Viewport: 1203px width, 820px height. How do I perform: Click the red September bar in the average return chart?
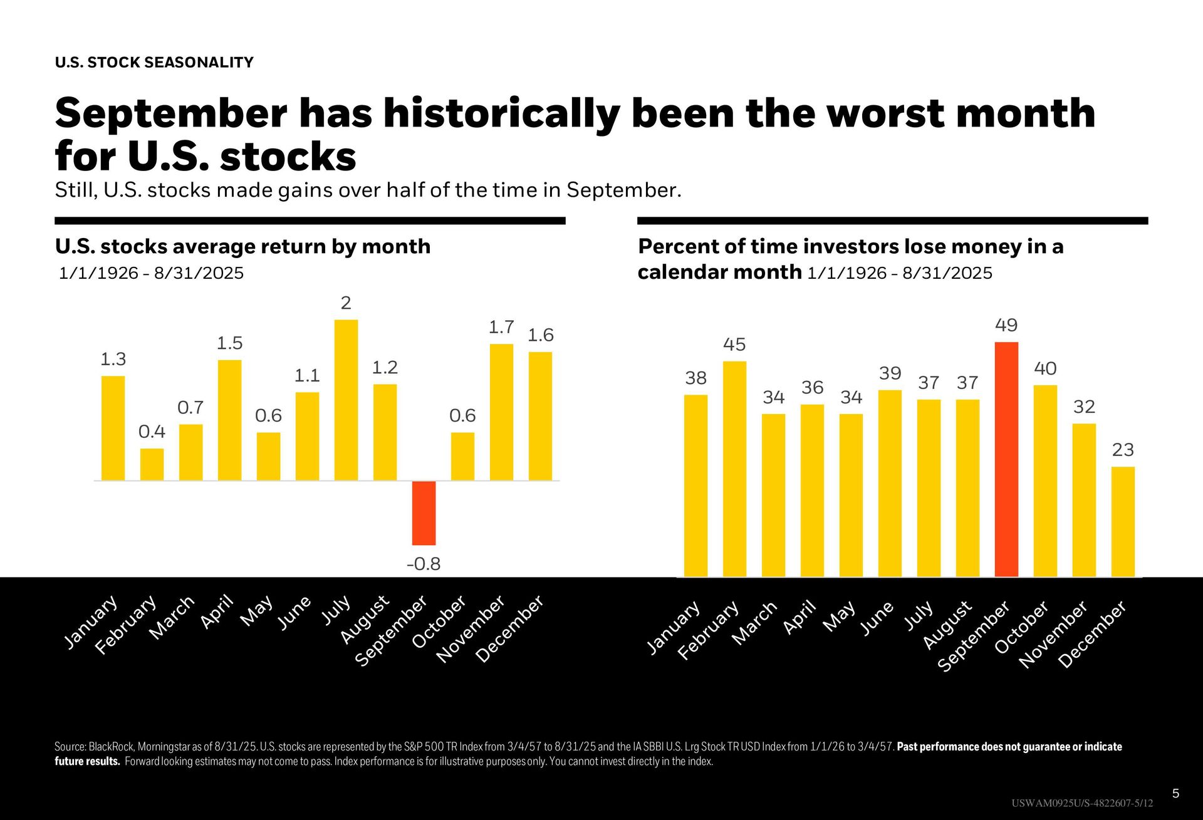tap(424, 513)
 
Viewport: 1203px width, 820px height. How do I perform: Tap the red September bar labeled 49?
tap(1006, 459)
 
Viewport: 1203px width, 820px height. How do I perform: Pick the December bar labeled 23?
tap(1123, 521)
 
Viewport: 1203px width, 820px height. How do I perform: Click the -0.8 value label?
tap(424, 564)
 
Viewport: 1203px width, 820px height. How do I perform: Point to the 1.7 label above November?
tap(501, 327)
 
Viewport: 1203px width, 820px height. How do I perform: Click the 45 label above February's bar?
tap(734, 345)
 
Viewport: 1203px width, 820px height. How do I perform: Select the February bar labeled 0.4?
tap(152, 464)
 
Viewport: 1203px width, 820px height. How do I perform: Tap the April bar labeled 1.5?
tap(229, 420)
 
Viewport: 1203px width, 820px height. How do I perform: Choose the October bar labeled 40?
tap(1045, 480)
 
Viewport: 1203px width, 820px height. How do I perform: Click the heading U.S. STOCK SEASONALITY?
tap(154, 63)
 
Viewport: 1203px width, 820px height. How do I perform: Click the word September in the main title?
tap(170, 113)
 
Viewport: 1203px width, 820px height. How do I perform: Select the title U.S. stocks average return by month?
tap(242, 246)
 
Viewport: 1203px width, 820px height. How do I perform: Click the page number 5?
tap(1175, 794)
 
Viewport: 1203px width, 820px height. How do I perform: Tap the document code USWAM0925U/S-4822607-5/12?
tap(1081, 803)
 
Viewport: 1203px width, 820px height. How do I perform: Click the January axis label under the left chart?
tap(91, 621)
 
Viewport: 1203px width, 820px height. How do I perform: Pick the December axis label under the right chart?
tap(1093, 634)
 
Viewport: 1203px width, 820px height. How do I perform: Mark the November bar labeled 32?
tap(1084, 500)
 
